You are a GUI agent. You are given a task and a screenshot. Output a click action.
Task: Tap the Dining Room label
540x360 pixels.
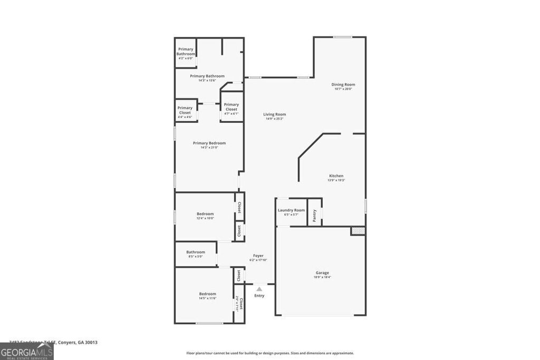pos(343,84)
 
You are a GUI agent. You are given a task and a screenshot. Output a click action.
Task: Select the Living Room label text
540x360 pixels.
pos(275,114)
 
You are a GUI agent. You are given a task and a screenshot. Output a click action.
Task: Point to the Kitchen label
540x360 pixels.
pos(336,176)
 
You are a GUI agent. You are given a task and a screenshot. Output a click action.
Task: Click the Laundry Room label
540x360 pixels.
pos(291,210)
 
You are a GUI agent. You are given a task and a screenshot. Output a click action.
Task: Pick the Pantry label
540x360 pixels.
pos(315,215)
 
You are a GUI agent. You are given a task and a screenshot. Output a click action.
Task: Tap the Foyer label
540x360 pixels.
pos(258,256)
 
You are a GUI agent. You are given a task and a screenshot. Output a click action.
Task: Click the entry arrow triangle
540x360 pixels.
pos(259,289)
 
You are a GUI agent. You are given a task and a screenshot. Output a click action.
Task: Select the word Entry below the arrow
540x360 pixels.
pos(259,296)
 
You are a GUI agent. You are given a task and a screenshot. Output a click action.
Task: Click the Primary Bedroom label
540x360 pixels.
pos(209,143)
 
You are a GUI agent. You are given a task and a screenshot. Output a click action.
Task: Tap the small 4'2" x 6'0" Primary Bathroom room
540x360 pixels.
pos(186,52)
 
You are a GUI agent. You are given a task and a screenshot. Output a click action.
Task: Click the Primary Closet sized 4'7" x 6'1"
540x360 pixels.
pos(231,107)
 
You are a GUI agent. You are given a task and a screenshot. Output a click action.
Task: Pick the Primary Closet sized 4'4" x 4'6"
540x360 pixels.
pos(185,110)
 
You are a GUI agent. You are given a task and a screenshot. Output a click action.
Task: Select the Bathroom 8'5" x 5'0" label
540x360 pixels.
pos(195,252)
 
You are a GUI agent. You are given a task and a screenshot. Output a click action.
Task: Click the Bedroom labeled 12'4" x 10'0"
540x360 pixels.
pos(205,214)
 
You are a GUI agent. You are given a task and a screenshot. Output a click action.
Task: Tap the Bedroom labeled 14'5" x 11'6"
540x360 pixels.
pos(207,294)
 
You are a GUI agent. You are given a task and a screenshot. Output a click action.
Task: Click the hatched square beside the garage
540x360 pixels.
pos(358,231)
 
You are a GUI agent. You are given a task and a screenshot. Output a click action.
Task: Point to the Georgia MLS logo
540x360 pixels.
pos(27,352)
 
